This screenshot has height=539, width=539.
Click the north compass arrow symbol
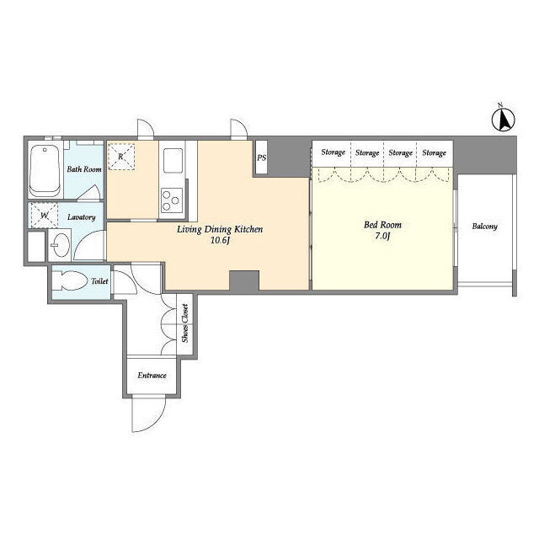click(504, 119)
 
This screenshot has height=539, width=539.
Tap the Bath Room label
click(84, 169)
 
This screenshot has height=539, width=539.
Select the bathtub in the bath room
click(45, 170)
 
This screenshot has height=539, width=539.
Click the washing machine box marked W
click(45, 216)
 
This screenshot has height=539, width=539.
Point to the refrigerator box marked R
click(121, 157)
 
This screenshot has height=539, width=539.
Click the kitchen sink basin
click(173, 161)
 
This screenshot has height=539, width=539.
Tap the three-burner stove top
click(172, 200)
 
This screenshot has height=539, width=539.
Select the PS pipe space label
click(262, 157)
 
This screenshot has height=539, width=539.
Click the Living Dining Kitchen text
click(220, 229)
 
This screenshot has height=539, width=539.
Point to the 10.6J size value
click(220, 240)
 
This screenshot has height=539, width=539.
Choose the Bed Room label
click(382, 225)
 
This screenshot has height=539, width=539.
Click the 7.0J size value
click(382, 236)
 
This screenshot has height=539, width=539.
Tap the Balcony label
click(485, 227)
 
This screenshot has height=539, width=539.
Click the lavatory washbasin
click(60, 245)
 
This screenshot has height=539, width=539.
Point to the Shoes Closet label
click(185, 323)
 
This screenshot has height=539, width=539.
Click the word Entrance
click(152, 375)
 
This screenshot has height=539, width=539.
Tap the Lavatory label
click(82, 217)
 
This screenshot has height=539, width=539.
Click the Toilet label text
click(99, 281)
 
